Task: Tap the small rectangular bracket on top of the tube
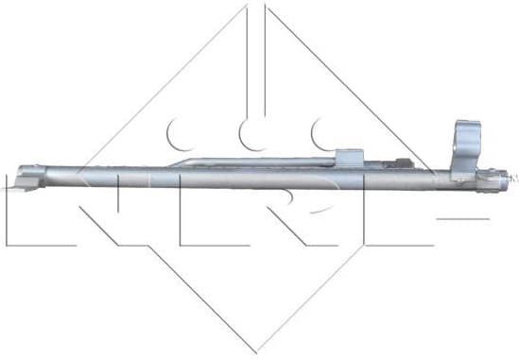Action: [x=350, y=158]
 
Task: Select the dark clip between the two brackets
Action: [x=404, y=162]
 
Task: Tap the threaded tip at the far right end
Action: [x=511, y=176]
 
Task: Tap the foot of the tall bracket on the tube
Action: [x=463, y=170]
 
